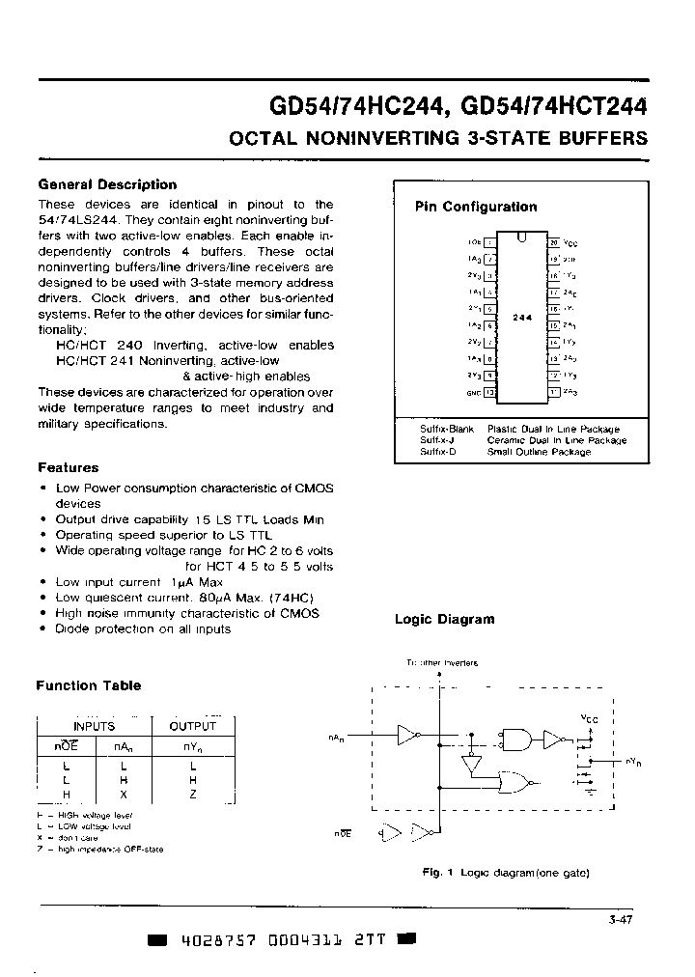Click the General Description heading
(x=107, y=184)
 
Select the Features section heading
(x=68, y=467)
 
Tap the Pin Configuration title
(x=476, y=207)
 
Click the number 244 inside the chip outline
(x=521, y=317)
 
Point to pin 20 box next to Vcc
(x=554, y=242)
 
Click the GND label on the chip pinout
(x=472, y=393)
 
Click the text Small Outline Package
(x=539, y=452)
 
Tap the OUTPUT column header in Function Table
(x=193, y=726)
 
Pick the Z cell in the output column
(x=193, y=794)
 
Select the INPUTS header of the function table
(x=94, y=726)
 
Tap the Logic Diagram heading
(x=444, y=620)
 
